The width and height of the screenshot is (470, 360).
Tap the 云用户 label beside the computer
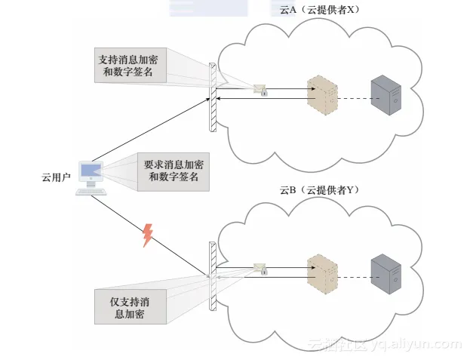pyautogui.click(x=56, y=177)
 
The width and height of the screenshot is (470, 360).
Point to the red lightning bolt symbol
pyautogui.click(x=148, y=235)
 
